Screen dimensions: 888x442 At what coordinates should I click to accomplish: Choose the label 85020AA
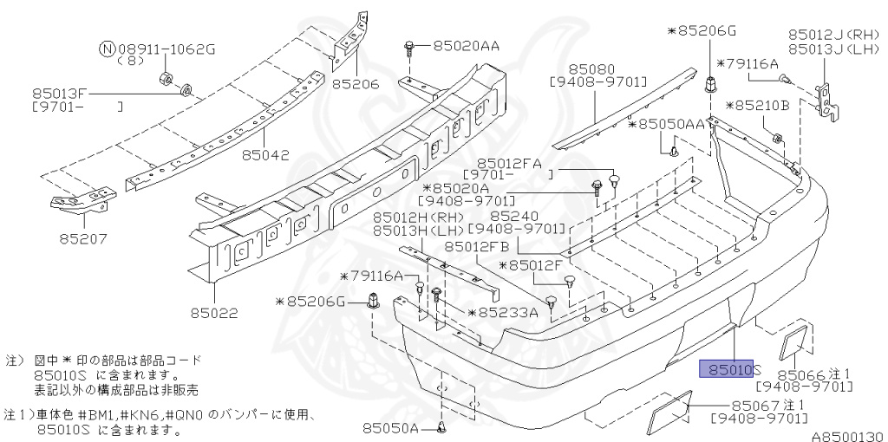[x=466, y=45]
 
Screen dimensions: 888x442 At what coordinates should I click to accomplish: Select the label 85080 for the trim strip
[x=591, y=67]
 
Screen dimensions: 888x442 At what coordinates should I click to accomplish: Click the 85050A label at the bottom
[x=390, y=428]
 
